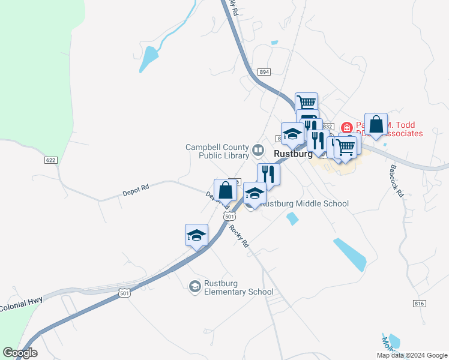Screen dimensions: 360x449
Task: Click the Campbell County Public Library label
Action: point(216,151)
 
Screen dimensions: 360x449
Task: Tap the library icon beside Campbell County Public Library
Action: point(258,149)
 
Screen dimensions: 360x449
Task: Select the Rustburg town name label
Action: point(293,154)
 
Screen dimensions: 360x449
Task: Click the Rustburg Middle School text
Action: point(304,203)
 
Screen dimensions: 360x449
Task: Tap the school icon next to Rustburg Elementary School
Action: point(194,287)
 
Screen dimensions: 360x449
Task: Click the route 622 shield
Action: point(50,160)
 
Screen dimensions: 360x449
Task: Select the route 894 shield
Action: point(264,72)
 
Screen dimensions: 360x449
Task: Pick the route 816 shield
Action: point(420,304)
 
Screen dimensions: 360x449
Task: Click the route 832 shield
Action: point(327,127)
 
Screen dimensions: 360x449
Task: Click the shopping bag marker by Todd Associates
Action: point(376,124)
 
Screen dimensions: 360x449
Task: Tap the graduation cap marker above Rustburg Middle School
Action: point(255,194)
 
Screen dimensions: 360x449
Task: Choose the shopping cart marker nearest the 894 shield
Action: point(306,103)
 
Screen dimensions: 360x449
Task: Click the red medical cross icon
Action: point(346,128)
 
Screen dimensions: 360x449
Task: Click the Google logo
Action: point(20,353)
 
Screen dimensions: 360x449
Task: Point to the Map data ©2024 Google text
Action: point(412,355)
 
